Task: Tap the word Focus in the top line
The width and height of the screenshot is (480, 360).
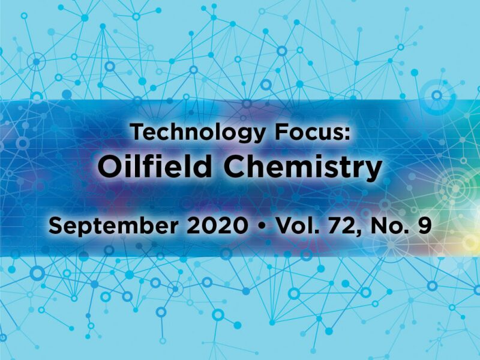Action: pyautogui.click(x=305, y=131)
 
